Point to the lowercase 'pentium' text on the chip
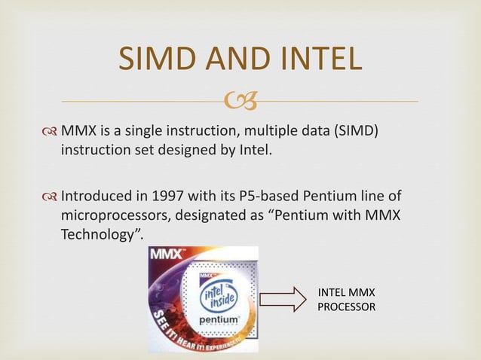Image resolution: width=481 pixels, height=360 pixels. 219,320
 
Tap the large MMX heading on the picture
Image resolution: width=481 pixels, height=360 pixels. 170,256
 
